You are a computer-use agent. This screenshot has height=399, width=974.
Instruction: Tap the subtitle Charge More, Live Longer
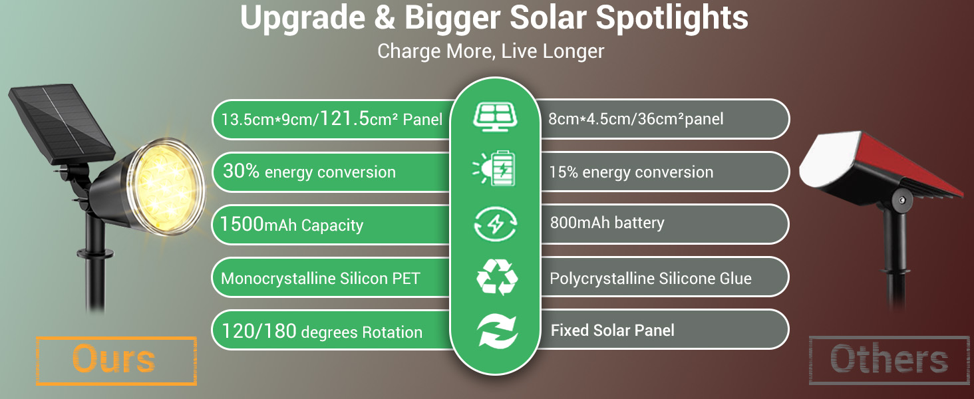[x=490, y=51]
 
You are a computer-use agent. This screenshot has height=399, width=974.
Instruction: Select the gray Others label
[x=889, y=360]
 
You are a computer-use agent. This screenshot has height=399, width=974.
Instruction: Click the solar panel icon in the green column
[x=495, y=116]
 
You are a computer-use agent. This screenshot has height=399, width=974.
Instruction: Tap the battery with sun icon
[x=495, y=170]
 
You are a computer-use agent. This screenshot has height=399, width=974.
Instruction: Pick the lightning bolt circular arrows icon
[x=495, y=224]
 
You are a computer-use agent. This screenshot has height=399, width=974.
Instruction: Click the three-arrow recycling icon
[x=496, y=278]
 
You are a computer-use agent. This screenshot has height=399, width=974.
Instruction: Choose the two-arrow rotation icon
[x=496, y=331]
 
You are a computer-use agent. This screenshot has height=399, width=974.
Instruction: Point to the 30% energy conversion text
[x=309, y=172]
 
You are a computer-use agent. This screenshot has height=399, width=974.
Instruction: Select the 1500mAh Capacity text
[x=291, y=225]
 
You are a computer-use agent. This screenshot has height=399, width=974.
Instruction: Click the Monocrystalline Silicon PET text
[x=320, y=279]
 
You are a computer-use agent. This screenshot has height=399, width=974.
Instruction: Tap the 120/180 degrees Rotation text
[x=322, y=331]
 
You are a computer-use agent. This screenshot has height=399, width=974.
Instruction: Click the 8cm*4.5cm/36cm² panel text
[x=635, y=119]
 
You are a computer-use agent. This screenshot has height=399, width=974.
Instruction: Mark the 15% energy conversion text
[x=631, y=172]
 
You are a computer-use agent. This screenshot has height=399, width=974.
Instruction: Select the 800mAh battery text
[x=607, y=223]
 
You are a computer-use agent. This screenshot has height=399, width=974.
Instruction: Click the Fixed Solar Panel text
[x=612, y=330]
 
